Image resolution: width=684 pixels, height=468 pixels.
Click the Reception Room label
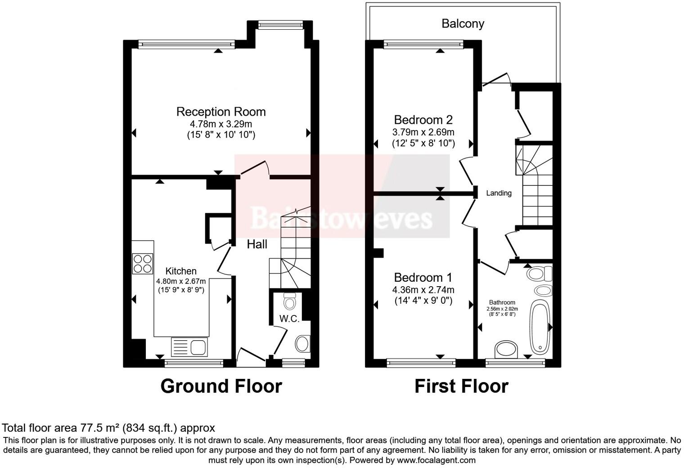click(x=220, y=112)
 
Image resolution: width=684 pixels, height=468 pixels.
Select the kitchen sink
click(x=189, y=347)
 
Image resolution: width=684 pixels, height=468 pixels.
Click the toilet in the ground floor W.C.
click(x=290, y=301)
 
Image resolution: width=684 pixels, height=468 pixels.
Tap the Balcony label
click(x=463, y=23)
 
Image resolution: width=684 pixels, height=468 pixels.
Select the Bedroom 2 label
click(x=423, y=120)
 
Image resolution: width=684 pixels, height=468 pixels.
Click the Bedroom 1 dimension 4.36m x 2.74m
click(x=423, y=290)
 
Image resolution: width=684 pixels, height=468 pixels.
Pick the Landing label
click(x=499, y=193)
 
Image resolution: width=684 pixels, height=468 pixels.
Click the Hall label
click(x=257, y=244)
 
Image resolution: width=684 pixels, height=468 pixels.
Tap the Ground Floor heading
click(x=221, y=386)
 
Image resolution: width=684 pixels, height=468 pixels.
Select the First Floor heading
click(x=461, y=386)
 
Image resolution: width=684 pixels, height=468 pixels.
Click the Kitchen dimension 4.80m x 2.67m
click(x=181, y=281)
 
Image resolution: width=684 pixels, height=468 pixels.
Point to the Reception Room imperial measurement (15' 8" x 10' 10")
click(x=220, y=135)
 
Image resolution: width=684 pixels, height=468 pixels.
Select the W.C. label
click(x=289, y=319)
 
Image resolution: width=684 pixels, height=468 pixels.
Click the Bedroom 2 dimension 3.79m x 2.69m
click(x=423, y=132)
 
